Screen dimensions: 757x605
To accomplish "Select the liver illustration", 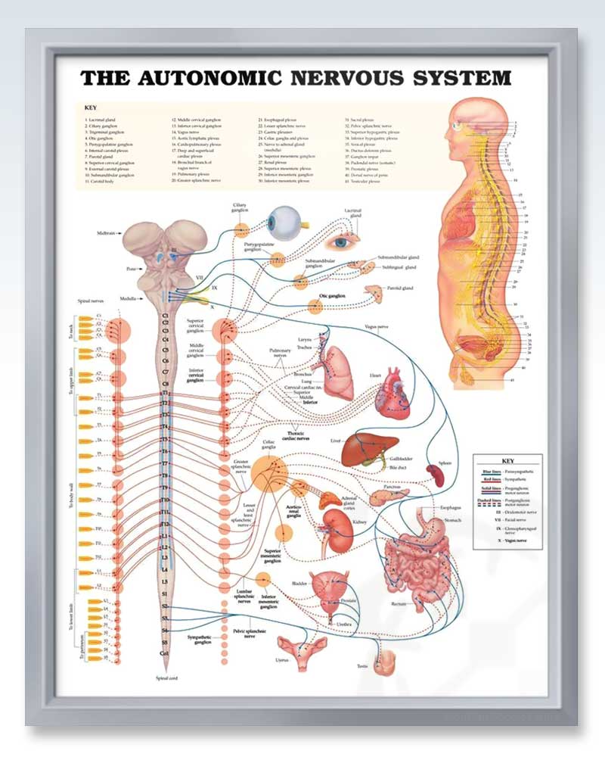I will point(365,450).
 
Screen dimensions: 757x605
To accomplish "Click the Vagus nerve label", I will point(376,327).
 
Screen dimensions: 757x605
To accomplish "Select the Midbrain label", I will point(107,233).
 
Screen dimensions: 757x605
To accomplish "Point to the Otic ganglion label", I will point(332,296).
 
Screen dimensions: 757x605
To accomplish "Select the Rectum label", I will point(399,603).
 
